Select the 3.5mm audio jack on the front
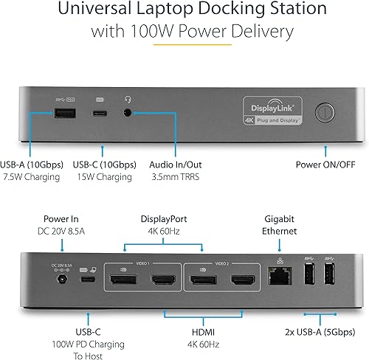(x=131, y=114)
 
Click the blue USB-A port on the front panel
(x=61, y=114)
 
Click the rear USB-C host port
(x=87, y=280)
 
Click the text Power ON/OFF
(x=326, y=164)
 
